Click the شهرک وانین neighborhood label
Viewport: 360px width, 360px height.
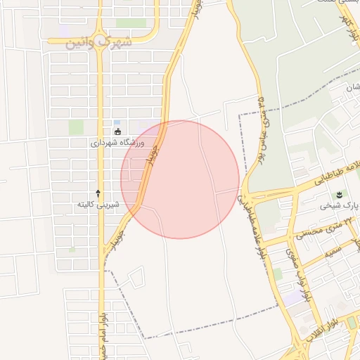(98, 41)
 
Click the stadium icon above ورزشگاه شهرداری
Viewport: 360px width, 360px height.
(117, 131)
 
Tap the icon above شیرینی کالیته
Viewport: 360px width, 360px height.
(98, 193)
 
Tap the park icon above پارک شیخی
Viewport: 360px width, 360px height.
(340, 194)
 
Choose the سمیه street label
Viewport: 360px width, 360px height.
(333, 248)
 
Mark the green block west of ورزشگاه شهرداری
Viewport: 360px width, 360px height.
(76, 127)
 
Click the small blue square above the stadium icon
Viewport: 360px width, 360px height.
(116, 122)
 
